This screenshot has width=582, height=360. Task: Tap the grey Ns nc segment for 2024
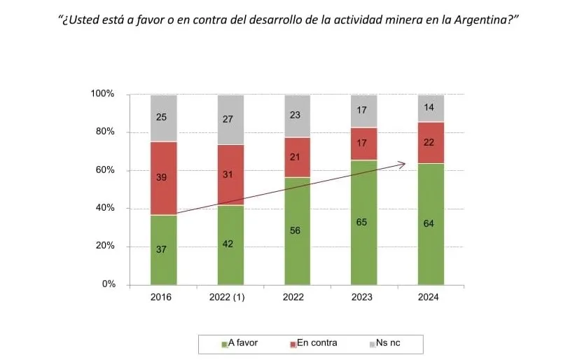click(431, 108)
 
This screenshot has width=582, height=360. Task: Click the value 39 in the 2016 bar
click(161, 179)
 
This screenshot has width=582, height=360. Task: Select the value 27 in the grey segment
click(228, 119)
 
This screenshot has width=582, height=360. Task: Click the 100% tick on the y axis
click(104, 95)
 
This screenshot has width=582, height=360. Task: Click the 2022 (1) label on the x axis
click(228, 297)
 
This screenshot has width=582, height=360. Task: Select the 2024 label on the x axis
click(428, 297)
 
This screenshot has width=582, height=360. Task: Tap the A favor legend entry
click(242, 343)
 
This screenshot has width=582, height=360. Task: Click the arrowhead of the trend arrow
click(403, 164)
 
